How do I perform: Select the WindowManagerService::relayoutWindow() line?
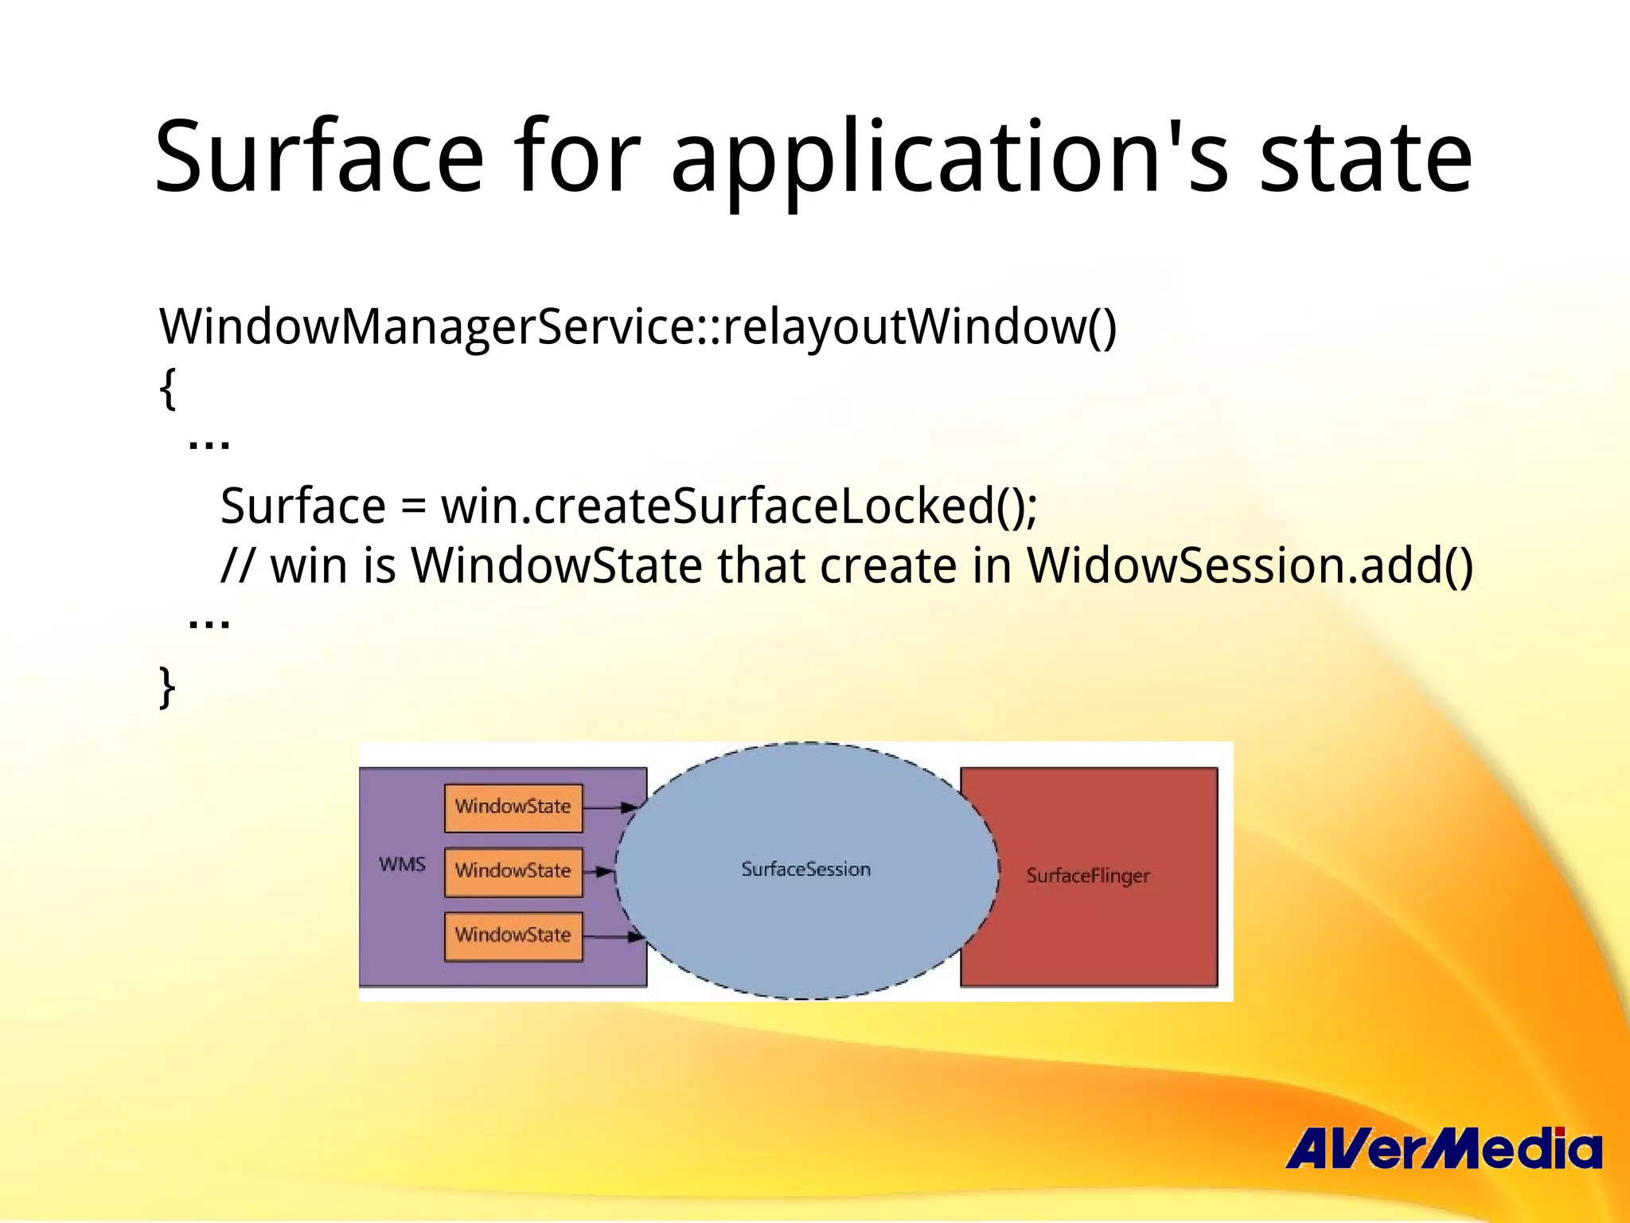pyautogui.click(x=638, y=326)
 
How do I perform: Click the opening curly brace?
pyautogui.click(x=167, y=389)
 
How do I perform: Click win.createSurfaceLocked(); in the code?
pyautogui.click(x=739, y=506)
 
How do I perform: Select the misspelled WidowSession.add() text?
pyautogui.click(x=1250, y=566)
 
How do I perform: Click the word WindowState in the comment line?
pyautogui.click(x=556, y=566)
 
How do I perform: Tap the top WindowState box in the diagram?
pyautogui.click(x=513, y=807)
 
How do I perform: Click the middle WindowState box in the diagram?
pyautogui.click(x=513, y=872)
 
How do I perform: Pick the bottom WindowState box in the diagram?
pyautogui.click(x=513, y=936)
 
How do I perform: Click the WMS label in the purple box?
pyautogui.click(x=402, y=865)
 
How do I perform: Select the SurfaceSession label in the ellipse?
pyautogui.click(x=805, y=869)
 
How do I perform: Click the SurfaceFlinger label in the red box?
pyautogui.click(x=1088, y=876)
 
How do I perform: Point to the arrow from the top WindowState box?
pyautogui.click(x=610, y=807)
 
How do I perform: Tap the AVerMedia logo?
pyautogui.click(x=1443, y=1148)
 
